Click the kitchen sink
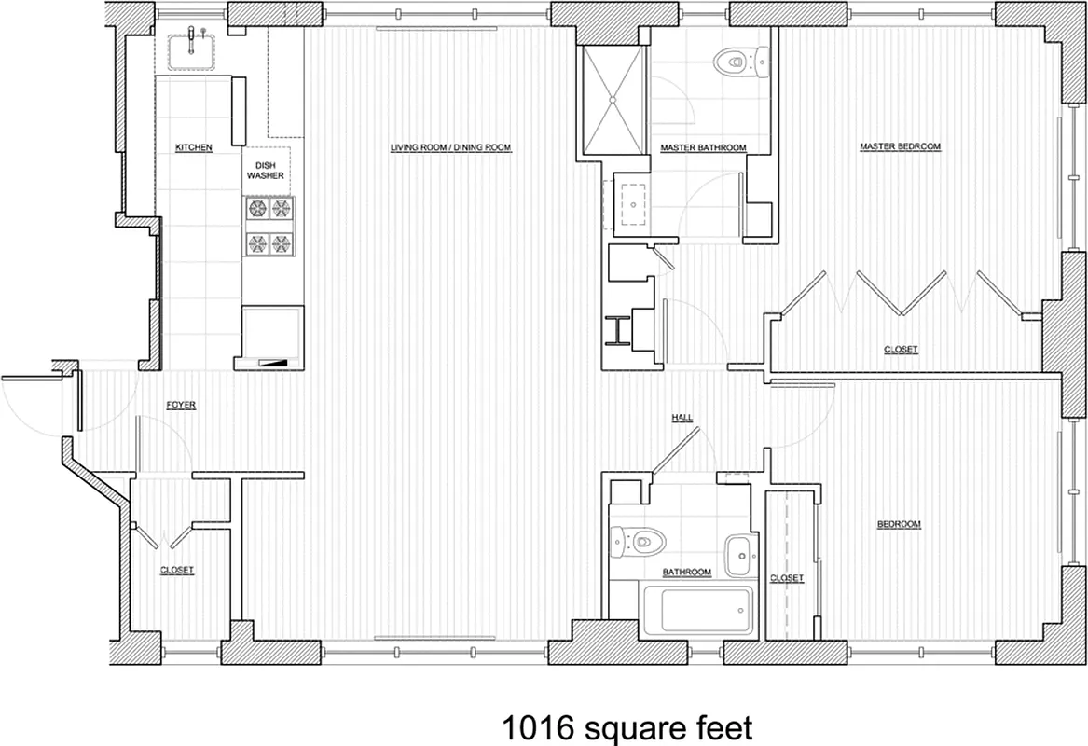(192, 50)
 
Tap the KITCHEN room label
(194, 148)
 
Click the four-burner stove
(269, 226)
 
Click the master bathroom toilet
(735, 63)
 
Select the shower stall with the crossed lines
(613, 96)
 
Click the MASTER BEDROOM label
(900, 147)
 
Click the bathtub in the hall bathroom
(698, 610)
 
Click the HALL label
(682, 418)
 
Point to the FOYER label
(181, 406)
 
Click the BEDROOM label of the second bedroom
(899, 525)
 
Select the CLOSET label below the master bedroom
(901, 350)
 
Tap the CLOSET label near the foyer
(177, 570)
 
